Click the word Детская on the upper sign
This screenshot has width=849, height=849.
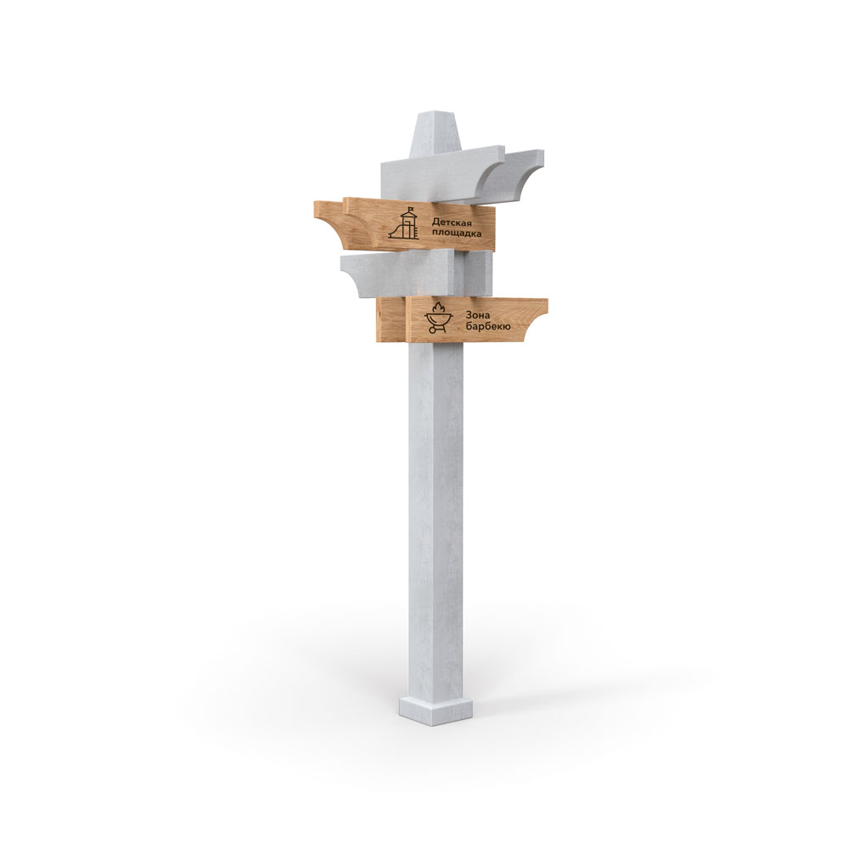click(x=452, y=222)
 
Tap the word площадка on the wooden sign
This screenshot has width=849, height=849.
click(x=456, y=233)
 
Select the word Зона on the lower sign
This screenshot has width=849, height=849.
click(x=477, y=315)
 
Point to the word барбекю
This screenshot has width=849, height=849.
click(x=487, y=327)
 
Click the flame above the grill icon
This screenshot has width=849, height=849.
click(x=437, y=308)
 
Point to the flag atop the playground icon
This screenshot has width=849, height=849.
click(x=413, y=209)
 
